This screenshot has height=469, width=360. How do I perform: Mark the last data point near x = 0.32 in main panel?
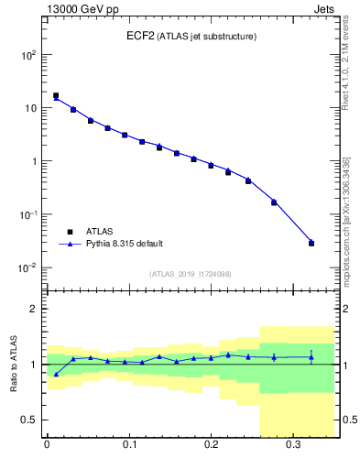(x=311, y=243)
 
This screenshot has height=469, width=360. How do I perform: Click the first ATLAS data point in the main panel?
(x=56, y=95)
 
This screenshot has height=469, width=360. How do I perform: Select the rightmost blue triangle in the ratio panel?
(x=311, y=357)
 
